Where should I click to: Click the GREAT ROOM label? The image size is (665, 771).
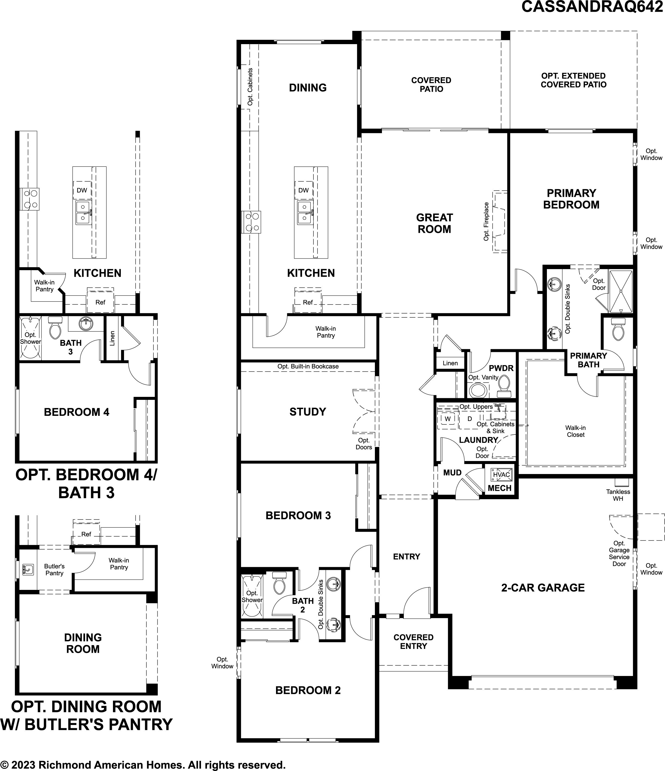point(434,223)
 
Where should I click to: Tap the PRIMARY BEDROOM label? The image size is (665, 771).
point(571,199)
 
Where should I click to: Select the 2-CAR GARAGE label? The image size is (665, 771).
point(543,587)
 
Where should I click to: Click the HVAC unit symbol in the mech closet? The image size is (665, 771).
point(501,475)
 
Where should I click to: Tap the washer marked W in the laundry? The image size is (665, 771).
point(448,419)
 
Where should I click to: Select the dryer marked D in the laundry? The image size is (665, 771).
point(470,419)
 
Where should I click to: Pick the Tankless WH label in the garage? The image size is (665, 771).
point(618,495)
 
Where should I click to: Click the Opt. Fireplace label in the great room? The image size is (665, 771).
point(486,221)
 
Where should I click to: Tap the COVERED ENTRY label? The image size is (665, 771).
point(413,642)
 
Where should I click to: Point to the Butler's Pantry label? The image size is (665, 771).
point(54,570)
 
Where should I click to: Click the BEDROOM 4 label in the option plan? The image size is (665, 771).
point(77,412)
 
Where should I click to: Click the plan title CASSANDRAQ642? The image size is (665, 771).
point(592,7)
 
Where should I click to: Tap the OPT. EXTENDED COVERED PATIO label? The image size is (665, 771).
point(573,80)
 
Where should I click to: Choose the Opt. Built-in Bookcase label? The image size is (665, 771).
point(308,367)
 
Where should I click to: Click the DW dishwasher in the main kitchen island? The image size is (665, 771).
point(303,190)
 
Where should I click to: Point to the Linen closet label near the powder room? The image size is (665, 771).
point(450,363)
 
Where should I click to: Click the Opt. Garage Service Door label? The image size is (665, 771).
point(619,554)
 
